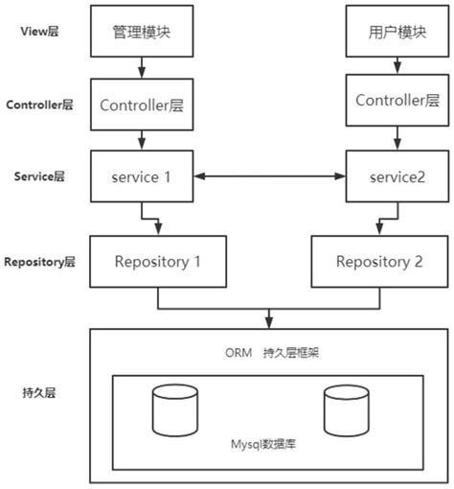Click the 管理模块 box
pyautogui.click(x=141, y=32)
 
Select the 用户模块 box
pyautogui.click(x=391, y=32)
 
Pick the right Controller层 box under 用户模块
pyautogui.click(x=391, y=101)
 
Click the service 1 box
pyautogui.click(x=141, y=176)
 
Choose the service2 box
pyautogui.click(x=391, y=176)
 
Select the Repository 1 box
pyautogui.click(x=158, y=261)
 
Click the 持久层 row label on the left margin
pyautogui.click(x=37, y=392)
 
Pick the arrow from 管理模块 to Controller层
pyautogui.click(x=141, y=69)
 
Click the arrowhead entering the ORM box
pyautogui.click(x=269, y=323)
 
